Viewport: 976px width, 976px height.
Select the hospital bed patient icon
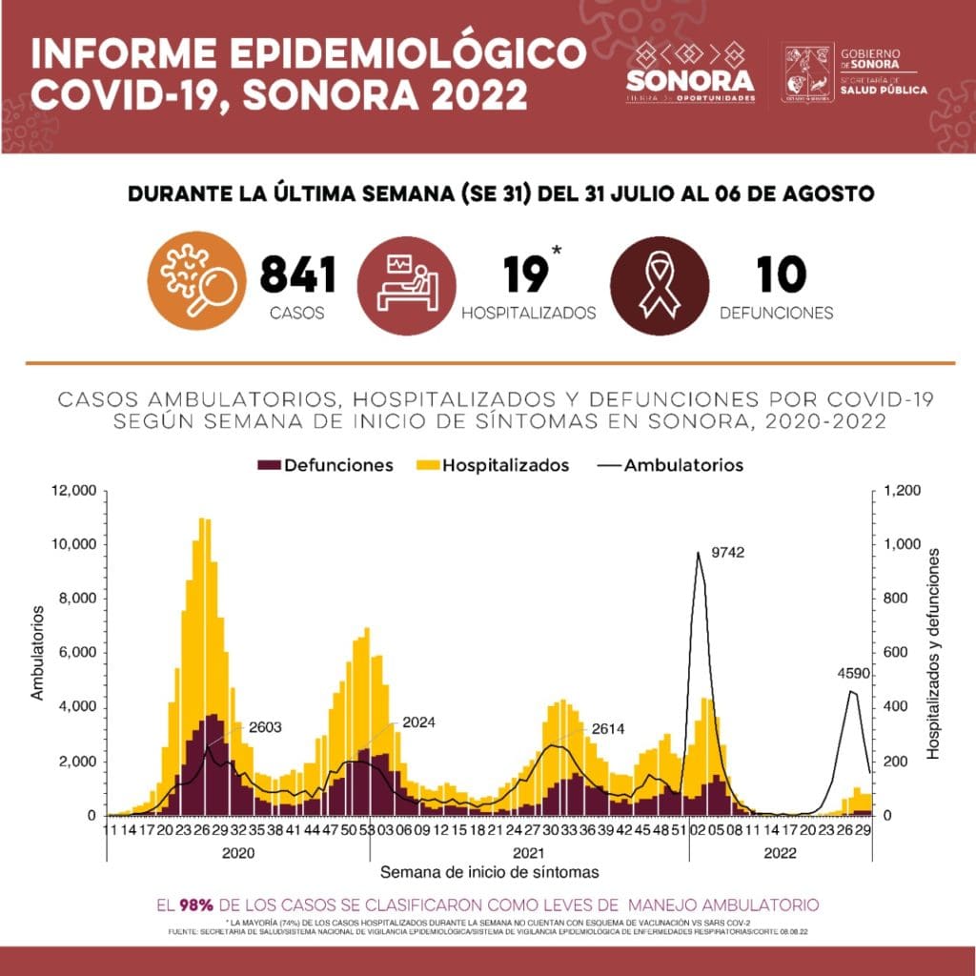pyautogui.click(x=405, y=283)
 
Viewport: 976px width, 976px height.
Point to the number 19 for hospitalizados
pyautogui.click(x=524, y=276)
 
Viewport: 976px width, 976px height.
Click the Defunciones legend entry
pyautogui.click(x=325, y=465)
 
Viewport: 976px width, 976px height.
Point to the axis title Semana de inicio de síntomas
pyautogui.click(x=490, y=872)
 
